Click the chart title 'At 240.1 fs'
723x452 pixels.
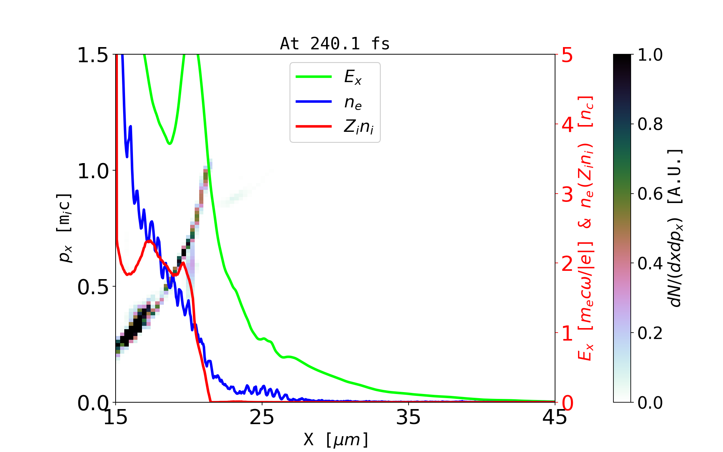335,44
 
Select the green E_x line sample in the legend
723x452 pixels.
314,77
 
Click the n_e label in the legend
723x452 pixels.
353,102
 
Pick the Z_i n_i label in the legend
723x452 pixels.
358,127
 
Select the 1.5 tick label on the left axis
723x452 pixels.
93,55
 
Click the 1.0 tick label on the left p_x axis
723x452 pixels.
93,171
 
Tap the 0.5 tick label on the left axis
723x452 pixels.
93,287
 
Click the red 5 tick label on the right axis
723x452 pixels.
567,55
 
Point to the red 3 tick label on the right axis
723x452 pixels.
567,194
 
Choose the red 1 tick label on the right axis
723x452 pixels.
567,333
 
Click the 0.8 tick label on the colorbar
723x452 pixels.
650,124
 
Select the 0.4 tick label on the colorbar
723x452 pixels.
650,263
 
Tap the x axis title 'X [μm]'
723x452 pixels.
336,439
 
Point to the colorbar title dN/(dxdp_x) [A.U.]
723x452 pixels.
676,228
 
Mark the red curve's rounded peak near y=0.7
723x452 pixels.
149,241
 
